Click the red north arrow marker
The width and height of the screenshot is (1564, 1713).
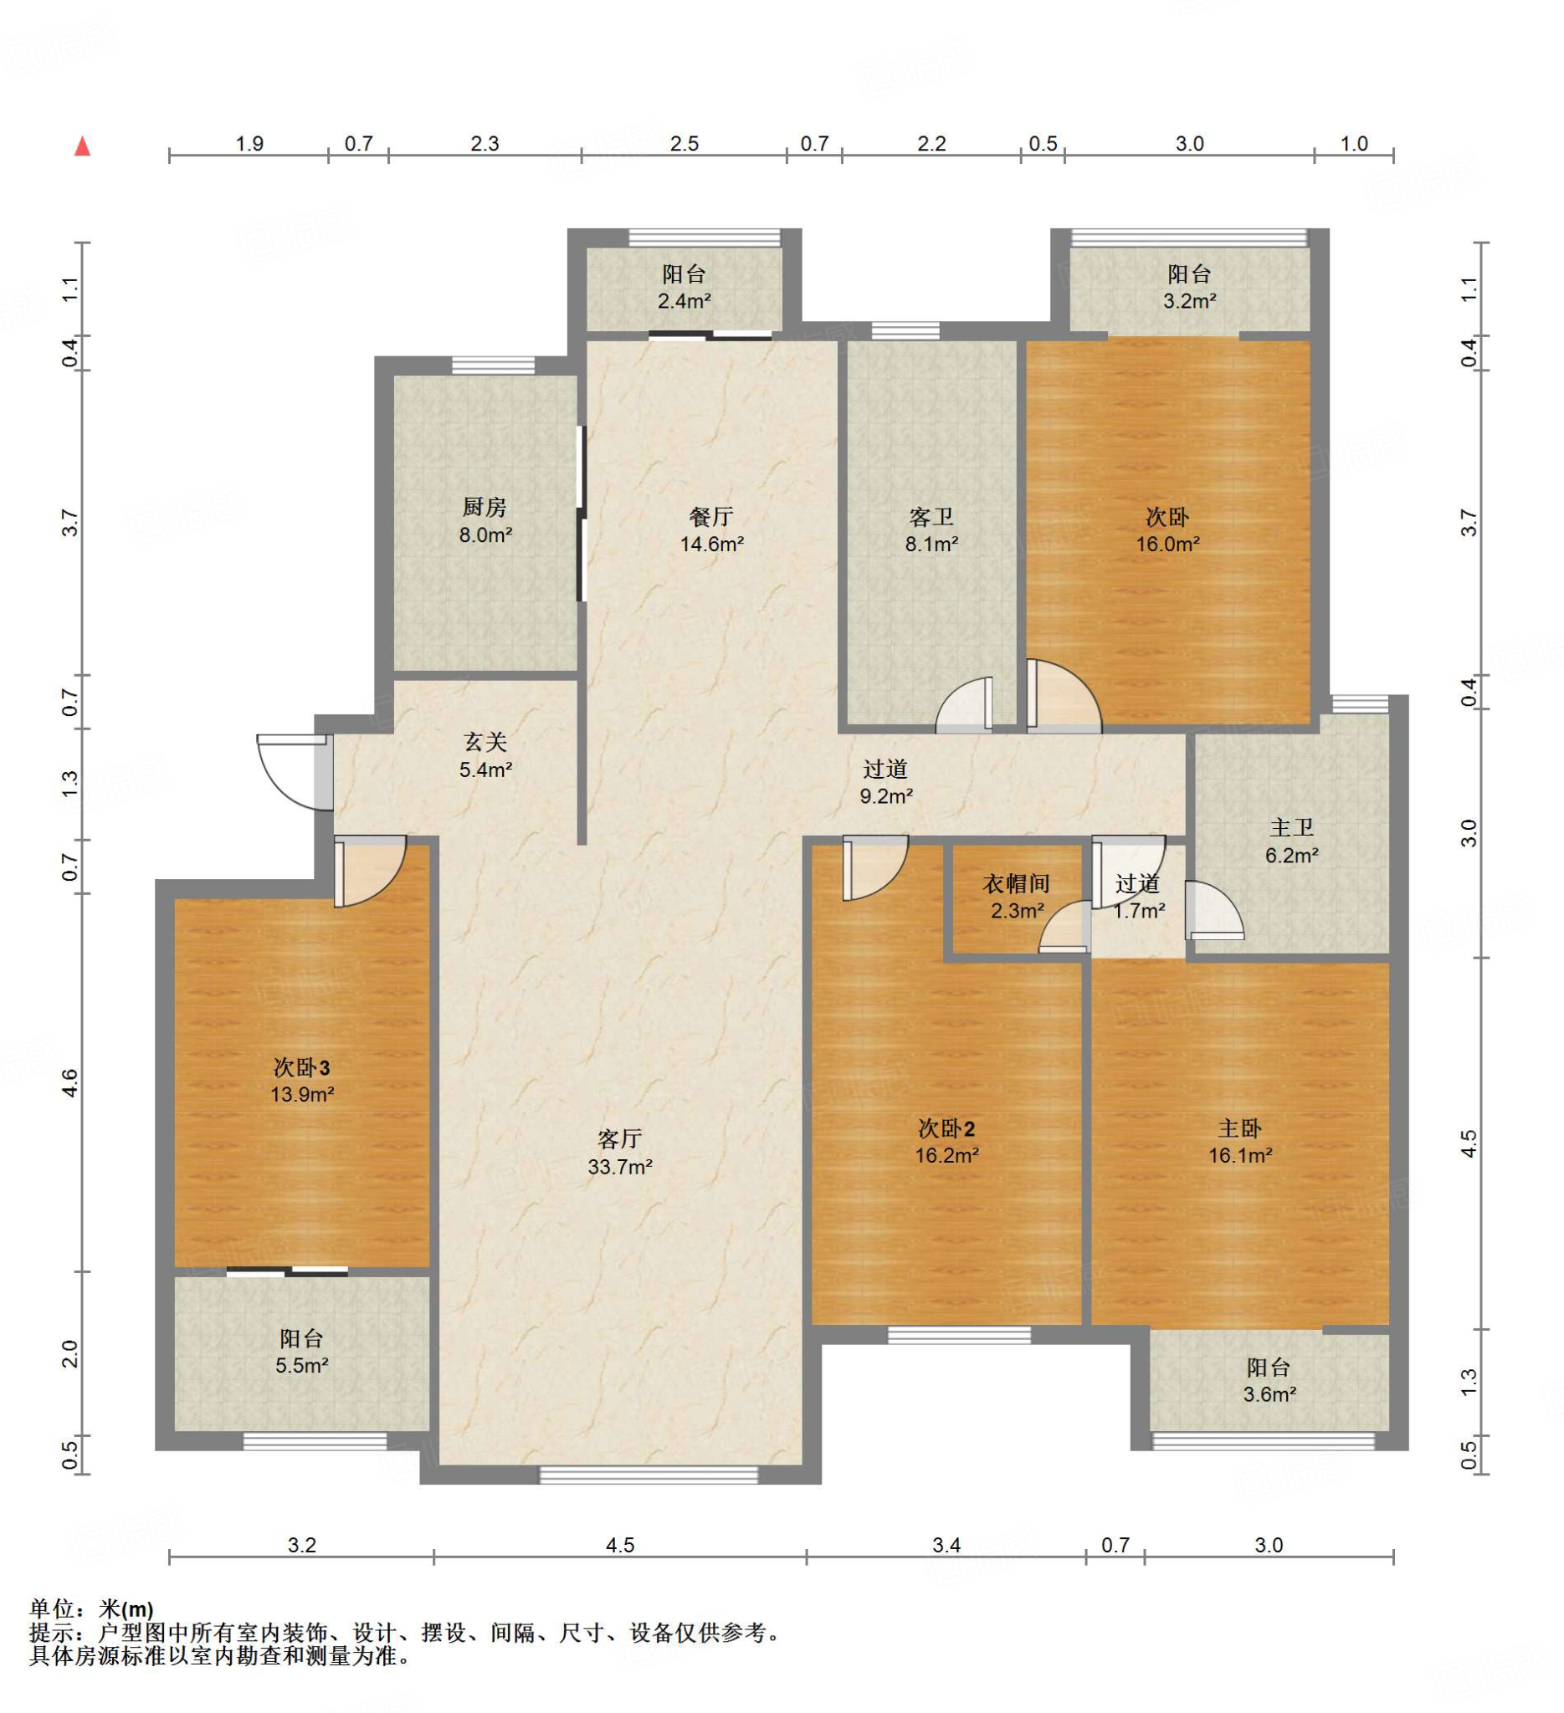pyautogui.click(x=83, y=146)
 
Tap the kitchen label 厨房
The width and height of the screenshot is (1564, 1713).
pyautogui.click(x=485, y=507)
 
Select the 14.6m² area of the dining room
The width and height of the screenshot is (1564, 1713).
pyautogui.click(x=711, y=544)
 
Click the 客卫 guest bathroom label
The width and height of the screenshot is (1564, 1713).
pyautogui.click(x=931, y=517)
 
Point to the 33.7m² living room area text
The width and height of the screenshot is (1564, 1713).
pyautogui.click(x=619, y=1167)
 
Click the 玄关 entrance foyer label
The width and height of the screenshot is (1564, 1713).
pyautogui.click(x=485, y=742)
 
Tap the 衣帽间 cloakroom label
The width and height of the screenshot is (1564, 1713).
pyautogui.click(x=1017, y=884)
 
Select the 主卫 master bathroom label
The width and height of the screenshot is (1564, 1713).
pyautogui.click(x=1292, y=827)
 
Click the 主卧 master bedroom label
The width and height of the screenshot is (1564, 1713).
pyautogui.click(x=1240, y=1128)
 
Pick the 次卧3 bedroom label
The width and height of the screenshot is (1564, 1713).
pyautogui.click(x=302, y=1066)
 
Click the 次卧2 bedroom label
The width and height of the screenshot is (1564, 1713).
pyautogui.click(x=947, y=1128)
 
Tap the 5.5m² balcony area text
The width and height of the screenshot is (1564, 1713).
pyautogui.click(x=302, y=1366)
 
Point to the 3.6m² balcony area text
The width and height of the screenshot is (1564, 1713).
pyautogui.click(x=1269, y=1393)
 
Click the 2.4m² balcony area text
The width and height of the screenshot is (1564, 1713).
pyautogui.click(x=685, y=300)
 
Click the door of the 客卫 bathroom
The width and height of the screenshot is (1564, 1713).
pyautogui.click(x=964, y=703)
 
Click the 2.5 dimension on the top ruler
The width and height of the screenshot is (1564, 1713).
pyautogui.click(x=685, y=144)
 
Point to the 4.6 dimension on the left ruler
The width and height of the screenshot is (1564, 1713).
pyautogui.click(x=70, y=1082)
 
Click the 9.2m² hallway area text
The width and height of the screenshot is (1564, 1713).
pyautogui.click(x=885, y=796)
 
